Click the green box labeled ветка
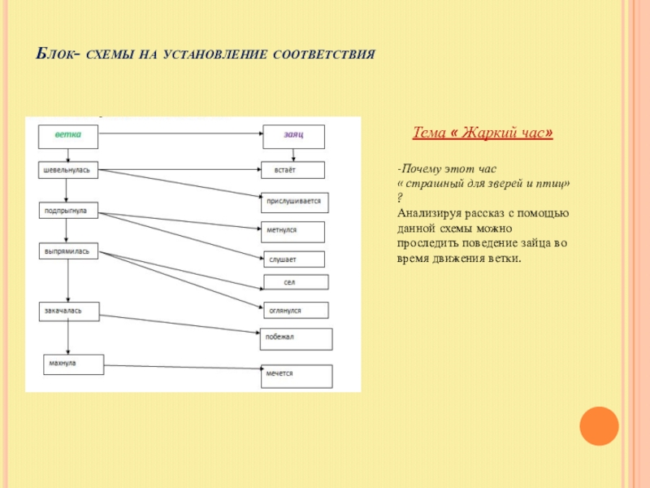tap(68, 137)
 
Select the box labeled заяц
tap(293, 137)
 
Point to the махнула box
tap(74, 364)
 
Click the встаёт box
tap(293, 170)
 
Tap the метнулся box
tap(293, 231)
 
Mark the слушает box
tap(293, 259)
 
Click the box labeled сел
tap(296, 282)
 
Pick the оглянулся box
tap(295, 310)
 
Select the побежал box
tap(296, 338)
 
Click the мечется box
tap(296, 375)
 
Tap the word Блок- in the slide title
tap(57, 54)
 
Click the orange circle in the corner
tap(600, 426)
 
